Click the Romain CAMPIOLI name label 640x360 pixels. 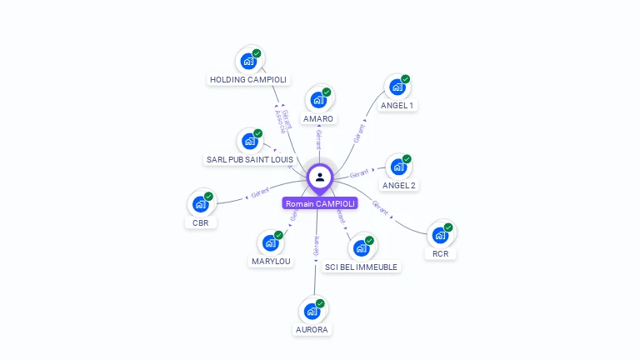coord(320,203)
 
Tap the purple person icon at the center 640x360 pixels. coord(320,177)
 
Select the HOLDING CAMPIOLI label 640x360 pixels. coord(248,80)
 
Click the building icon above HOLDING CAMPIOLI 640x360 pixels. coord(248,61)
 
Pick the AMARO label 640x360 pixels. coord(318,119)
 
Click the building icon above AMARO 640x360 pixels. coord(317,100)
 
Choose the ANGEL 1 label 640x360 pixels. coord(397,106)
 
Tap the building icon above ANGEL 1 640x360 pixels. coord(397,87)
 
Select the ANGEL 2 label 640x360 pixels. coord(398,185)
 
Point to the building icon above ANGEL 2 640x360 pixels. coord(398,167)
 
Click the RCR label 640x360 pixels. coord(440,253)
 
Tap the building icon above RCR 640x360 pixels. coord(440,235)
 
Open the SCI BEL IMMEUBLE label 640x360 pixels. coord(362,267)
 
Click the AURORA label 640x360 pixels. coord(312,329)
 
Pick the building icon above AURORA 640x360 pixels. coord(312,311)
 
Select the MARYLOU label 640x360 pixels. coord(271,261)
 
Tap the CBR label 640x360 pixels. coord(200,222)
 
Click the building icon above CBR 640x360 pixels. coord(200,203)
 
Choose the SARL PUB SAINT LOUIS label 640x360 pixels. coord(249,159)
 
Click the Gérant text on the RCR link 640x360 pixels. coord(380,207)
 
